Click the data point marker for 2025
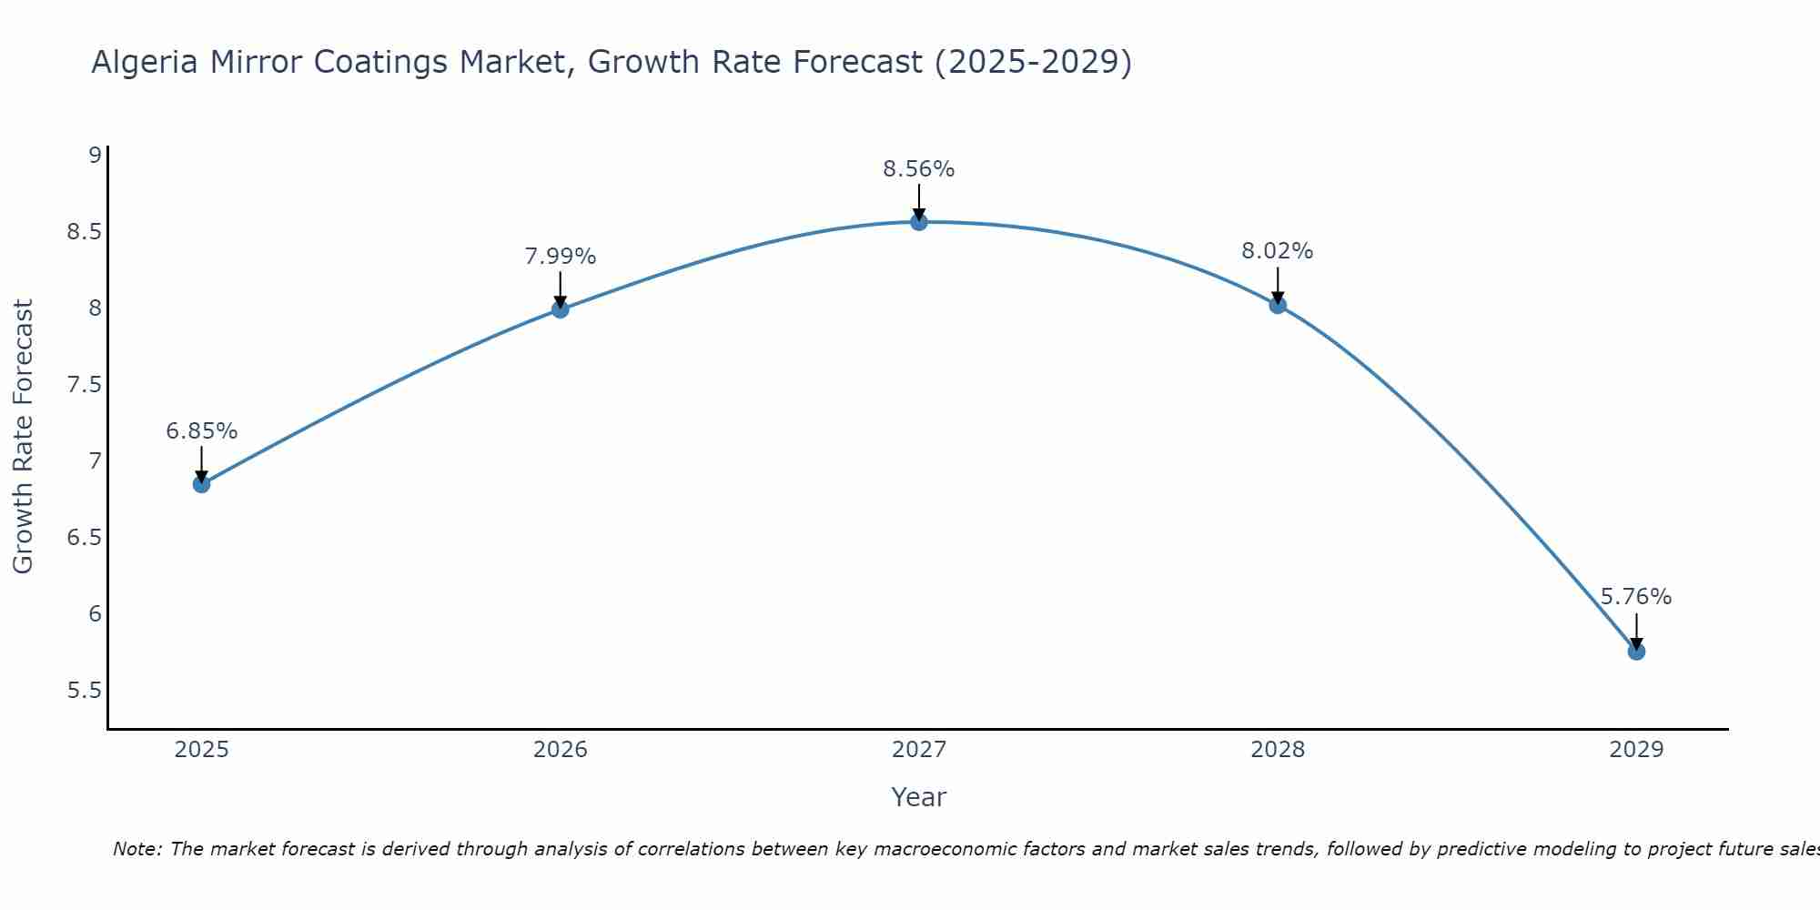pos(202,484)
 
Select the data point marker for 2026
pos(561,309)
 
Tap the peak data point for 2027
pos(919,222)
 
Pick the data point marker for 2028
pos(1278,305)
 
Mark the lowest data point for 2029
pos(1636,652)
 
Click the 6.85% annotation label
pos(202,431)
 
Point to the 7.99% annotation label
pos(561,257)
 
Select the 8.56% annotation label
pos(919,169)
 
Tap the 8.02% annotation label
pos(1278,251)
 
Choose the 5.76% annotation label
pos(1636,597)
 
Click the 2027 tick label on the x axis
pos(919,750)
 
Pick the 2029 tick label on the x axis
pos(1636,750)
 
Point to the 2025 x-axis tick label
pos(202,750)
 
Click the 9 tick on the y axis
pos(95,155)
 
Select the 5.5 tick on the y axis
pos(84,691)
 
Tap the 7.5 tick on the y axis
pos(84,385)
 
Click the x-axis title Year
pos(919,797)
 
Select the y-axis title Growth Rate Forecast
pos(23,437)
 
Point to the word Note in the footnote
pos(136,849)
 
